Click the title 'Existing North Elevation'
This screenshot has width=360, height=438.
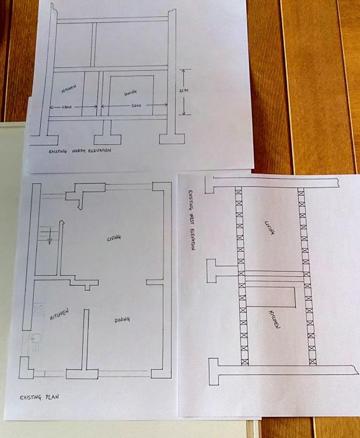coord(80,151)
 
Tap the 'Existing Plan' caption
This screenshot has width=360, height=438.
coord(39,397)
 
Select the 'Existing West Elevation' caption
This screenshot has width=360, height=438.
coord(191,220)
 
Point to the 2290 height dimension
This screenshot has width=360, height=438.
coord(184,90)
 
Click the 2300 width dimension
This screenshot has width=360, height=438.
coord(67,107)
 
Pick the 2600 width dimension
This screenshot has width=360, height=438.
coord(136,105)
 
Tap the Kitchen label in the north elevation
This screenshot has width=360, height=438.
coord(69,89)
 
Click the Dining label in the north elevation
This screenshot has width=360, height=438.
coord(130,92)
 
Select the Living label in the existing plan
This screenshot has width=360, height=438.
coord(114,238)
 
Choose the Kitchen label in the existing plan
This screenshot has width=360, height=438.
coord(59,314)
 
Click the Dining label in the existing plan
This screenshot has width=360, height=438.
coord(122,319)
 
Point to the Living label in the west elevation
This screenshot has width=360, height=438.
coord(270,228)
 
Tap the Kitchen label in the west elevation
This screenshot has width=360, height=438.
coord(274,319)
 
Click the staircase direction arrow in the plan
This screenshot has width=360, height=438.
coord(50,237)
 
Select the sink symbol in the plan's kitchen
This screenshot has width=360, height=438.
coord(36,339)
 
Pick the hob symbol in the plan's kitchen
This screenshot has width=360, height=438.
coord(39,310)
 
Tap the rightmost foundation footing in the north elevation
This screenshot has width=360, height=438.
coord(172,139)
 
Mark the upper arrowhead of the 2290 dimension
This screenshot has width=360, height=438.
coord(183,71)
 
